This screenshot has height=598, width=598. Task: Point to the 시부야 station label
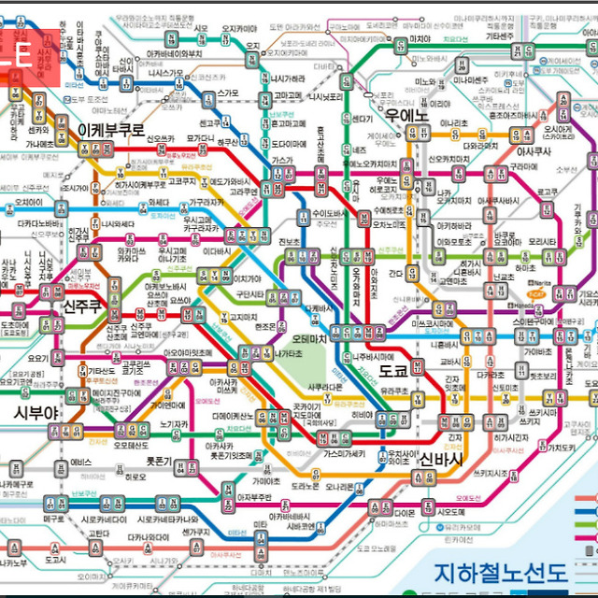pos(36,413)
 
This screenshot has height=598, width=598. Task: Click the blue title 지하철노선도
pos(500,572)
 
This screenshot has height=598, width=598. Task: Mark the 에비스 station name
pos(81,462)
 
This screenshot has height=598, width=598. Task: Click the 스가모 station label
pos(228,94)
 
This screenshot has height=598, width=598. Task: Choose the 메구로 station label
pos(53,519)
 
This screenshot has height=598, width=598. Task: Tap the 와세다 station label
pos(159,202)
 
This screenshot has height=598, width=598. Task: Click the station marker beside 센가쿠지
pos(196,547)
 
